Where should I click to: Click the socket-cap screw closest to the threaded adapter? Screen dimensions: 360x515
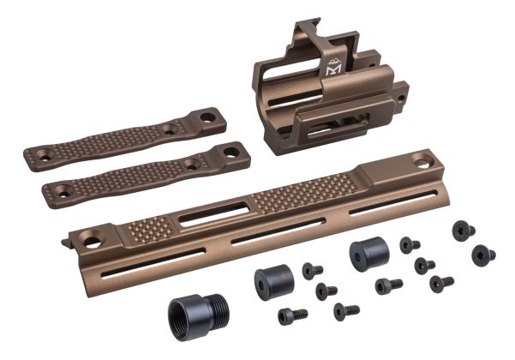[292, 316]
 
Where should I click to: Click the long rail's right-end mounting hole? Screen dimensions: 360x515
[422, 159]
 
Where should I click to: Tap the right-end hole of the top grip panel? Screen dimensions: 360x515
[209, 116]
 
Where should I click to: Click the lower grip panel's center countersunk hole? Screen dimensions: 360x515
[191, 163]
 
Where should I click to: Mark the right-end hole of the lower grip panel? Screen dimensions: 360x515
[231, 151]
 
